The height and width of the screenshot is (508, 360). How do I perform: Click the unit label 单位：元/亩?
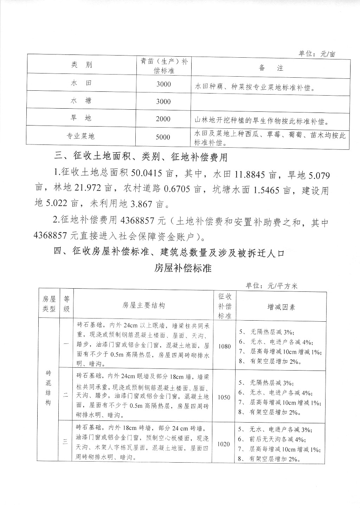coord(317,53)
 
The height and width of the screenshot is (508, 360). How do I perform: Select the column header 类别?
coord(81,65)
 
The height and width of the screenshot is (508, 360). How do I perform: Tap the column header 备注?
coord(271,68)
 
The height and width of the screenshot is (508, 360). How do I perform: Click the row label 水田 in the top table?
coord(81,83)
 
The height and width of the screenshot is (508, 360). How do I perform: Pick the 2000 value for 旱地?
coord(163,119)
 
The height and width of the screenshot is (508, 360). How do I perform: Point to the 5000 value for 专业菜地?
coord(163,137)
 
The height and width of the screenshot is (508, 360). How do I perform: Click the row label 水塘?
coord(81,101)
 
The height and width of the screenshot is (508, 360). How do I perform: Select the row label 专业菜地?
coord(81,136)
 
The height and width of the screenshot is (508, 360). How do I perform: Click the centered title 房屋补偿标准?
coord(183,268)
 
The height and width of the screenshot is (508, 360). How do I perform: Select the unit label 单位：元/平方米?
coord(271,286)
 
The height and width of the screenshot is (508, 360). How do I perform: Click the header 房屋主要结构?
coord(143,305)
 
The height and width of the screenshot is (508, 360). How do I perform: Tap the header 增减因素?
coord(281,307)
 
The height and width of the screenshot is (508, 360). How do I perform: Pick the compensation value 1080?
coord(224,346)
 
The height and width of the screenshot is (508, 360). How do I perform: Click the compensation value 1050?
coord(224,397)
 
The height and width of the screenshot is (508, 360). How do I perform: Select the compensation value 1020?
coord(224,444)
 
